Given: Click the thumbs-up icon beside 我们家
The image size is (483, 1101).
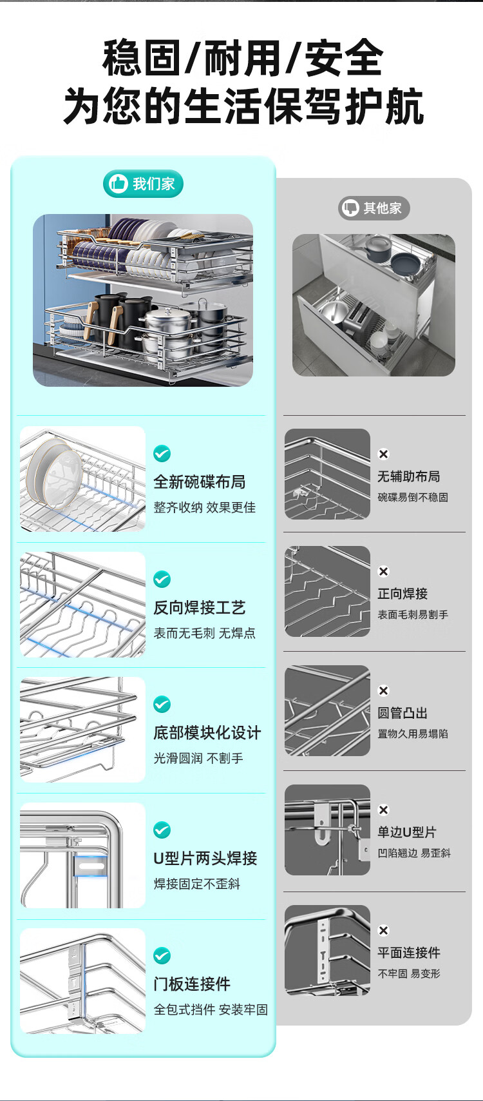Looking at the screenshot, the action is [x=118, y=183].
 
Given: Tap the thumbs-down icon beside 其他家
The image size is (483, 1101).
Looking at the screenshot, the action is [x=350, y=208].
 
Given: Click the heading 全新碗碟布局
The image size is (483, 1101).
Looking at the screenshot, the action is [x=199, y=482].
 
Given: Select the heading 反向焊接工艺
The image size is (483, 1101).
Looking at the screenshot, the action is [x=199, y=607].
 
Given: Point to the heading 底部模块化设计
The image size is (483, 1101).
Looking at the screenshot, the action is [x=207, y=732].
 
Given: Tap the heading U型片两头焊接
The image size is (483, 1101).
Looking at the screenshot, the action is [x=205, y=858].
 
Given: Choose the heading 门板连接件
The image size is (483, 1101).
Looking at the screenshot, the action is [x=192, y=984].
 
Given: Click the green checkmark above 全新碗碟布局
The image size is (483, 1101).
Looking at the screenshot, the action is [x=162, y=453].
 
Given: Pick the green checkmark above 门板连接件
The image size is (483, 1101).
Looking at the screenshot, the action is [x=162, y=956].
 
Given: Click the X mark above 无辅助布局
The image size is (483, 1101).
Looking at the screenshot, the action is [x=383, y=454].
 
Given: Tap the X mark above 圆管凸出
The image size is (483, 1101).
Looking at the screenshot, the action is [x=383, y=690].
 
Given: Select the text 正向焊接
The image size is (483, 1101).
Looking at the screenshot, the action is [x=402, y=593].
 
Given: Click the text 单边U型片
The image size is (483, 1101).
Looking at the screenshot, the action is [x=407, y=832].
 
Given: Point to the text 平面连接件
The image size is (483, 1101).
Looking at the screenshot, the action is [x=409, y=953].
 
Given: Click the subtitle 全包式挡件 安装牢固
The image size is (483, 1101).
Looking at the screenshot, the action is [x=211, y=1009].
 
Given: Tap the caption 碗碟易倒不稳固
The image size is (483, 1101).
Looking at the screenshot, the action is [x=413, y=497].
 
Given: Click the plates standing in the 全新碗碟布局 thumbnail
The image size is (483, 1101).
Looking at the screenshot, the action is [x=55, y=473].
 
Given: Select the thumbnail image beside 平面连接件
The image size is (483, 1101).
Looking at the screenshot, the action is [x=327, y=950].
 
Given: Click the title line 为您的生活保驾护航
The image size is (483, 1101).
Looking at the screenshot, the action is [x=243, y=106].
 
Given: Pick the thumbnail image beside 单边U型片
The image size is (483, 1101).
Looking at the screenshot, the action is [x=327, y=830].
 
